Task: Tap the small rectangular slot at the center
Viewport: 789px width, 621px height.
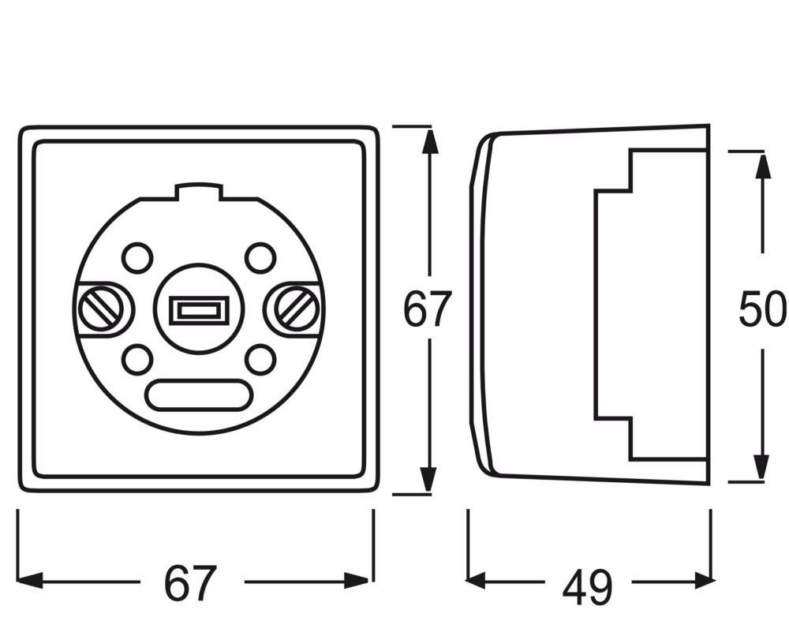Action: (x=198, y=309)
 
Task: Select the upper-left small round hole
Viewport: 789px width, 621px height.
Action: (x=137, y=256)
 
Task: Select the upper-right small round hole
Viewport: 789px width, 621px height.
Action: (x=260, y=256)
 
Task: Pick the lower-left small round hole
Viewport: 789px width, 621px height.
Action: (x=137, y=360)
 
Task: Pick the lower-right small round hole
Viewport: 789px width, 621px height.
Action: (x=260, y=360)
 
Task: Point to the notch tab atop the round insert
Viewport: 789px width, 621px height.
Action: (x=198, y=190)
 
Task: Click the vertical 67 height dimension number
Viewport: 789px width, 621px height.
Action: (x=427, y=309)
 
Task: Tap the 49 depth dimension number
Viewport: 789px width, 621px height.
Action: (x=587, y=585)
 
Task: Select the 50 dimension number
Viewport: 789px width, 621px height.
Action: (x=762, y=309)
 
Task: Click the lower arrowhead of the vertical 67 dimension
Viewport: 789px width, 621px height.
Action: (x=428, y=479)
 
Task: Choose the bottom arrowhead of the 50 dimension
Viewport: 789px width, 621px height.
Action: (x=762, y=467)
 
